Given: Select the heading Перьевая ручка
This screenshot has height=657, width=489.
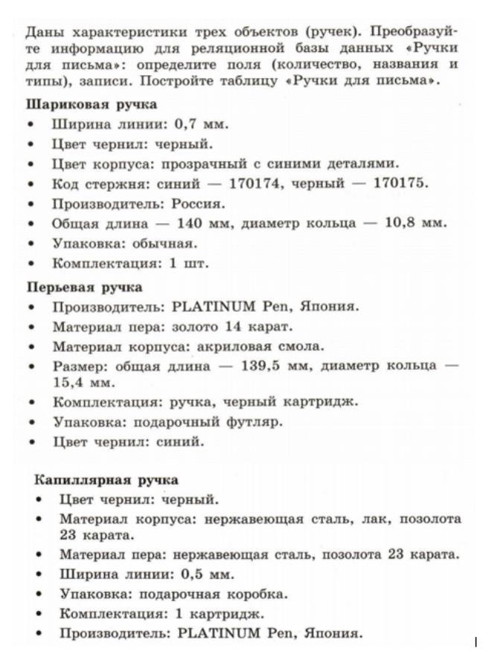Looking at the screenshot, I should tap(85, 287).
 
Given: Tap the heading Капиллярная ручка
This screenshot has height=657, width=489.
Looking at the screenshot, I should tap(104, 480).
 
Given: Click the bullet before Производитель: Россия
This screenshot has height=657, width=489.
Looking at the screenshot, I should tap(31, 203).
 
